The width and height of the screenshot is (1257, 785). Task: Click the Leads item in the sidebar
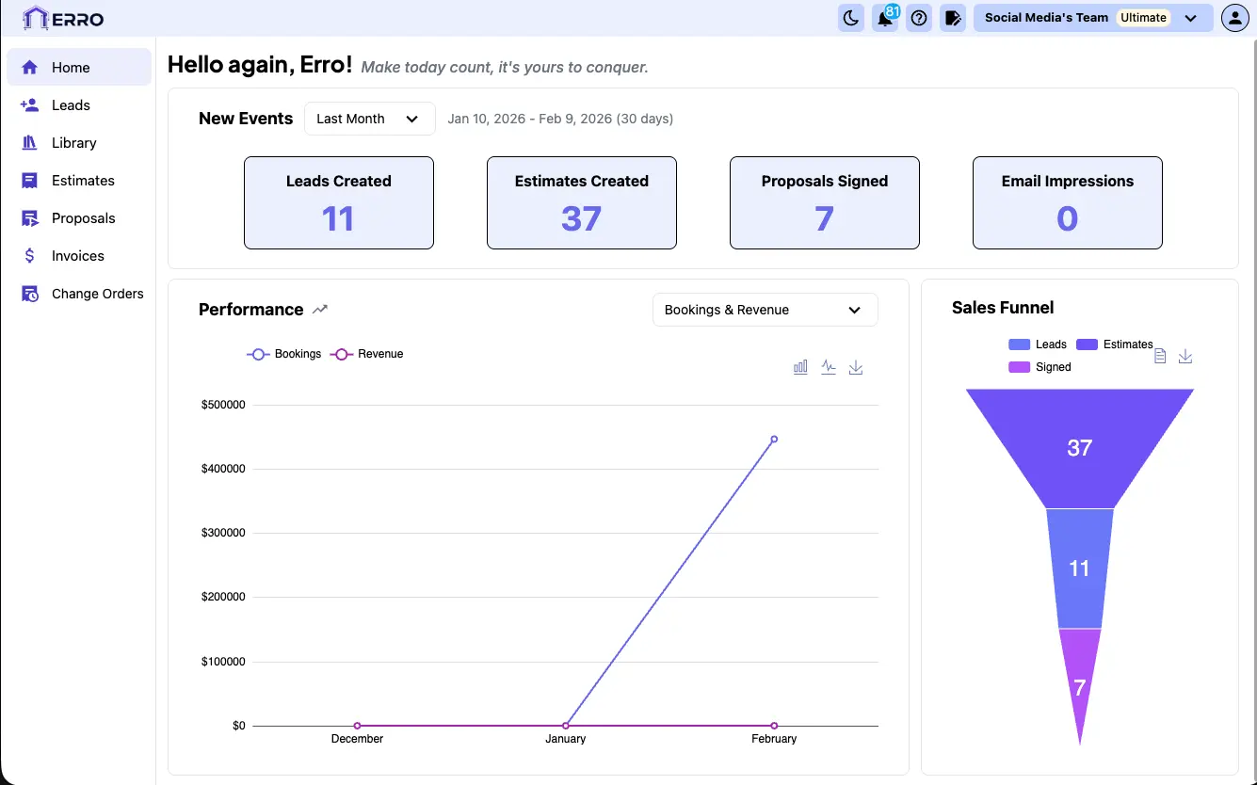tap(71, 105)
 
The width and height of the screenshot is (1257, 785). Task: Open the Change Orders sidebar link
tap(97, 294)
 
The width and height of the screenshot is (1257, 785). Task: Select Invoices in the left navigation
tap(77, 256)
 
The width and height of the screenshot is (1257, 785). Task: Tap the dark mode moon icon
tap(851, 18)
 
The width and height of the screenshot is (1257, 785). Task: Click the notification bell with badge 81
tap(885, 18)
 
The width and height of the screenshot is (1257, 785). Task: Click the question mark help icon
tap(919, 18)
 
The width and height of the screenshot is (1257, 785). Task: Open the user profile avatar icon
tap(1234, 18)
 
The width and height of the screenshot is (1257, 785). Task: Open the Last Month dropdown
tap(369, 119)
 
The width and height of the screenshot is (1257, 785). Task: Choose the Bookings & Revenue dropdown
tap(765, 310)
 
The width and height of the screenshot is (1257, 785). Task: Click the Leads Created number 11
tap(338, 219)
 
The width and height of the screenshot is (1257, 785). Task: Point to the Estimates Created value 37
tap(581, 219)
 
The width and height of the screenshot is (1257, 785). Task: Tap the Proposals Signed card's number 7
tap(824, 219)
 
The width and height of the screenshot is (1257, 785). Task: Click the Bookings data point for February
tap(774, 439)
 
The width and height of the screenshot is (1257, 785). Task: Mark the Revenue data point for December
tap(358, 726)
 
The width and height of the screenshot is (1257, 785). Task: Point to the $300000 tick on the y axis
tap(223, 533)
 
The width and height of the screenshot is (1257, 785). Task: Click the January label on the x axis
tap(565, 739)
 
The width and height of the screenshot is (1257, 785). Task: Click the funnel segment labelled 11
tap(1079, 569)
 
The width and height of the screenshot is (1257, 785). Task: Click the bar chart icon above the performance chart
tap(800, 367)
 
